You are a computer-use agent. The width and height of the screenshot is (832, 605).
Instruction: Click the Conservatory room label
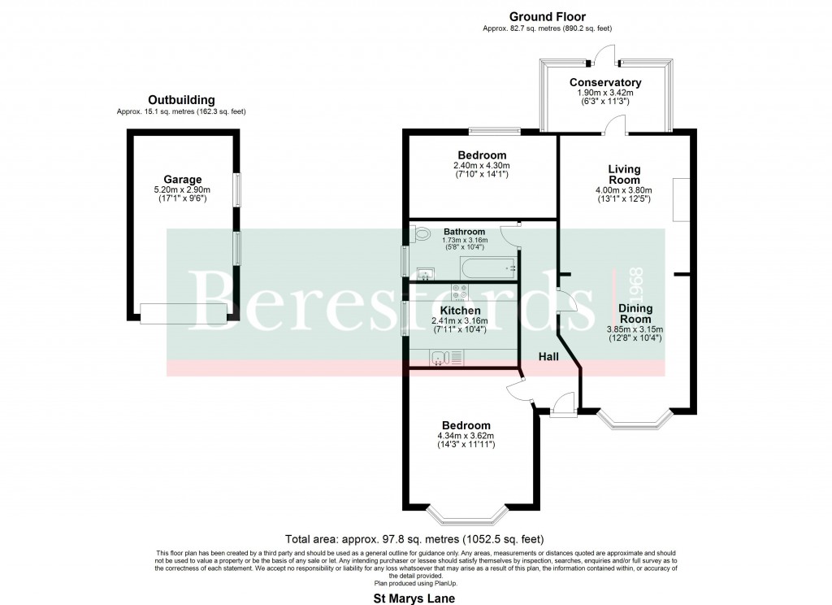point(605,83)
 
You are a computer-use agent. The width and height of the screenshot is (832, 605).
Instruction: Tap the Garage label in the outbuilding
point(182,180)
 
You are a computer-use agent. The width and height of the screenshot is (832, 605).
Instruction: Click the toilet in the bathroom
point(420,235)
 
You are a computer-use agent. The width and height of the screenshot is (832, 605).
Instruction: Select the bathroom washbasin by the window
point(422,273)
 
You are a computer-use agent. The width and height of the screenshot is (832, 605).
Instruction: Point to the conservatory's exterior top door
point(604,55)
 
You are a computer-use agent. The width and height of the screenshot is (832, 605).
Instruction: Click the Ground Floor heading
point(547,16)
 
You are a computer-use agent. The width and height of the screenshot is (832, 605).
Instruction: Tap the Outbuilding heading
point(182,100)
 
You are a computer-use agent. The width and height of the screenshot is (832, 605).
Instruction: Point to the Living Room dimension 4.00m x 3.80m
point(624,192)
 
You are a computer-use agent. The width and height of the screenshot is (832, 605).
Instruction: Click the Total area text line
point(414,539)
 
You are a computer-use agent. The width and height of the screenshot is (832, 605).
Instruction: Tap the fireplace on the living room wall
point(681,200)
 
